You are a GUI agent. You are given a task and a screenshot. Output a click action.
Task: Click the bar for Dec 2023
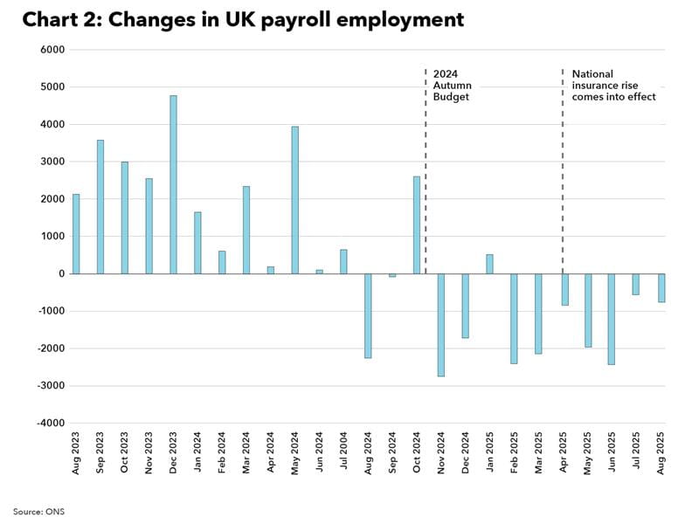tap(173, 184)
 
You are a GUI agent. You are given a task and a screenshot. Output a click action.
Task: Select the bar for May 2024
tap(295, 200)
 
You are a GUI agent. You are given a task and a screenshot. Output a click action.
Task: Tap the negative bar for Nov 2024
tap(441, 325)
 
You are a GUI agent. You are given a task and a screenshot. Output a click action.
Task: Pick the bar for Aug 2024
tap(368, 315)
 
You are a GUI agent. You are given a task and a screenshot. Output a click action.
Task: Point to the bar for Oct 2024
tap(417, 224)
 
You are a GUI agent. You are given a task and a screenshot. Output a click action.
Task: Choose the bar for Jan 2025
tap(489, 264)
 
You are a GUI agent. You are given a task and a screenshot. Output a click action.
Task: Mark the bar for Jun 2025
tap(612, 319)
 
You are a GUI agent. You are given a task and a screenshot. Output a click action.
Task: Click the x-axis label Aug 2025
tap(661, 452)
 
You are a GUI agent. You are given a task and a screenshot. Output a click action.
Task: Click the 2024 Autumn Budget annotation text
tap(451, 86)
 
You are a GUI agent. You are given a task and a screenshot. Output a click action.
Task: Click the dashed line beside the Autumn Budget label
tap(426, 175)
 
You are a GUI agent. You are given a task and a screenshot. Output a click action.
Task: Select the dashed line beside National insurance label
tap(563, 175)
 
